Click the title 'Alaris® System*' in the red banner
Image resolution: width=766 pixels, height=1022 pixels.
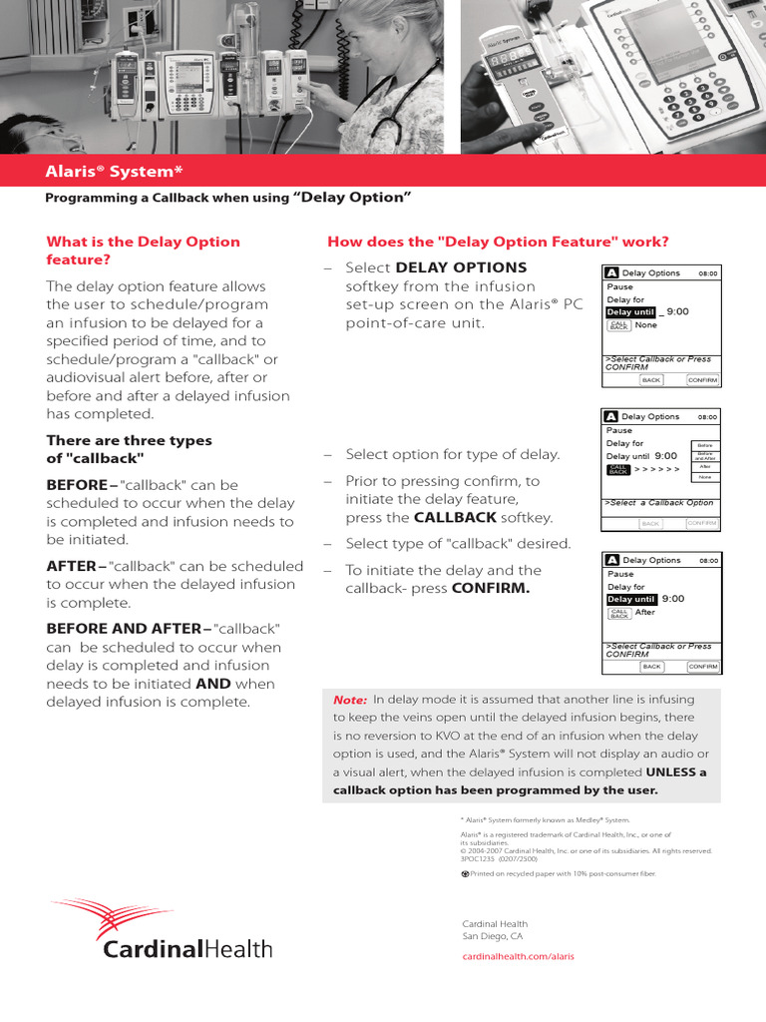[114, 171]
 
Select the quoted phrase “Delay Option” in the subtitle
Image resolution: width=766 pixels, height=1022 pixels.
[352, 197]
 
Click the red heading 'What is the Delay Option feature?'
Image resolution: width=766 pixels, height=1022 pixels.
[143, 251]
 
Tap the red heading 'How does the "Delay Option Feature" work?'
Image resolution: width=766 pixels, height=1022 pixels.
[498, 242]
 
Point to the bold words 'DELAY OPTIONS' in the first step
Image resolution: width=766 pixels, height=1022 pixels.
[461, 267]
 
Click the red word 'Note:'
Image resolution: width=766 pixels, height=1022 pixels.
[350, 701]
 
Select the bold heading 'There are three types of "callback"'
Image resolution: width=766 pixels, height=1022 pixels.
[129, 449]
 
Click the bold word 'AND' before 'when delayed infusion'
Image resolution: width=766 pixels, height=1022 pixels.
[213, 684]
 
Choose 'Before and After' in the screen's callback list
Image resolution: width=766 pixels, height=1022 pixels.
[704, 455]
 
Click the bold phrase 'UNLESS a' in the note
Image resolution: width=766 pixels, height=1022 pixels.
[676, 772]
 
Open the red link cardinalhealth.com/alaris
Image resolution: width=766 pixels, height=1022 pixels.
[518, 956]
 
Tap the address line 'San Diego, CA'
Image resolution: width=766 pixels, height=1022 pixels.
[493, 937]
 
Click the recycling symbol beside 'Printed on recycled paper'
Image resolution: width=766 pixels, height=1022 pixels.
[465, 873]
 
